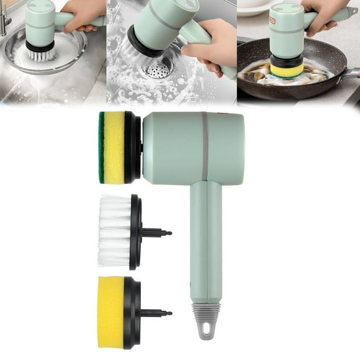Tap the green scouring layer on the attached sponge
pyautogui.click(x=101, y=147)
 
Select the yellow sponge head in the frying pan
pyautogui.click(x=286, y=70)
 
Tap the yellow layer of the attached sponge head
pyautogui.click(x=114, y=147)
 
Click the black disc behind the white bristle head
pyautogui.click(x=135, y=232)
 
